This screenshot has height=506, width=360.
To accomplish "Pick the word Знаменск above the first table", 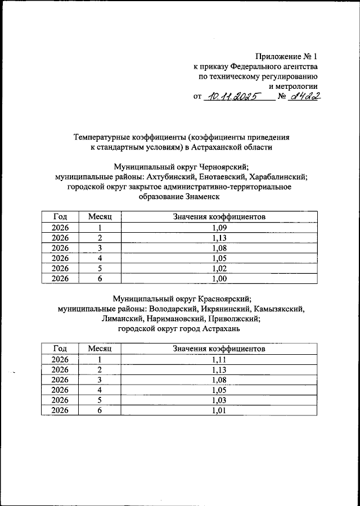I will click(x=200, y=197).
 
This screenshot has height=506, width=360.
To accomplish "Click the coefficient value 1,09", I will click(x=219, y=227).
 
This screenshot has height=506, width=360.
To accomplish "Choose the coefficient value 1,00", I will click(x=219, y=278).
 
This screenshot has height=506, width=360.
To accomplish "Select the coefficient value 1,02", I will click(x=219, y=268).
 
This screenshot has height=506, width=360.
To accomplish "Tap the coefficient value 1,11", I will click(x=219, y=359).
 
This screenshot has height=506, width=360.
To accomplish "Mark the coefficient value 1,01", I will click(x=219, y=410).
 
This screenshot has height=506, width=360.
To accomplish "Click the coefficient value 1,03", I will click(x=219, y=400).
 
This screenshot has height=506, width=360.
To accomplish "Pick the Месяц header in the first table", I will click(x=100, y=216).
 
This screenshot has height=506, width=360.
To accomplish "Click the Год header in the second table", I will click(x=60, y=349).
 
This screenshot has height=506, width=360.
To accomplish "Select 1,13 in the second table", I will click(x=219, y=369).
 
